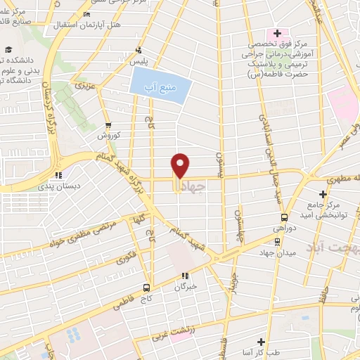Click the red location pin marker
181,166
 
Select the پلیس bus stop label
141,62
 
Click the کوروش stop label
110,134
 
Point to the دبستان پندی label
60,187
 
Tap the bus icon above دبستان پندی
59,175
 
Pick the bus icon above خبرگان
185,276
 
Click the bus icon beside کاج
146,287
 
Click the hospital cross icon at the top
277,33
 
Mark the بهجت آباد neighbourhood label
331,247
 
